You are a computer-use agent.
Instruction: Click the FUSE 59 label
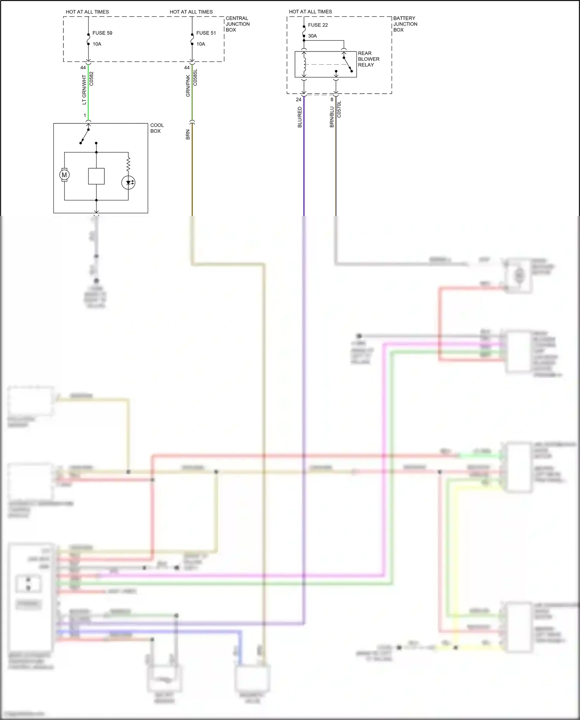coord(102,33)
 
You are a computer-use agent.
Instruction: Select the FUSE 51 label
coord(206,33)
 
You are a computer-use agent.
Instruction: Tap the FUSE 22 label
coord(317,25)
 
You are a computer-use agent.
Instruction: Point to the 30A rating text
coord(312,36)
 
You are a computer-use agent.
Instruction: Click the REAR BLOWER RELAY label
coord(368,59)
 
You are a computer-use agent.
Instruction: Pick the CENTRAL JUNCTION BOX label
coord(237,24)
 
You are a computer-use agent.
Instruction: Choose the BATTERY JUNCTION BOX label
coord(405,24)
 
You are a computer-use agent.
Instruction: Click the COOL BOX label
coord(157,128)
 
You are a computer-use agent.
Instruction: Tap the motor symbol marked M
coord(64,175)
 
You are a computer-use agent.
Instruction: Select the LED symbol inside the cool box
coord(128,183)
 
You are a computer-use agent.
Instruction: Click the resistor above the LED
coord(128,164)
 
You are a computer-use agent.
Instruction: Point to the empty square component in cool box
coord(96,176)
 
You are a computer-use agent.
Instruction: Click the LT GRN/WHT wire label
coord(84,90)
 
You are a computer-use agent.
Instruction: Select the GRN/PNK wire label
coord(188,86)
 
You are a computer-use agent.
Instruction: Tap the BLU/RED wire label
coord(300,117)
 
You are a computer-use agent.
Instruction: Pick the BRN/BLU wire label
coord(332,117)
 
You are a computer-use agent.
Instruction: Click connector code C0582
coord(92,79)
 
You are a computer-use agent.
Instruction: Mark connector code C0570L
coord(339,109)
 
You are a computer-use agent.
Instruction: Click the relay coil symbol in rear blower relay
coord(304,65)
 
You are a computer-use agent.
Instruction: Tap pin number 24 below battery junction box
coord(299,99)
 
